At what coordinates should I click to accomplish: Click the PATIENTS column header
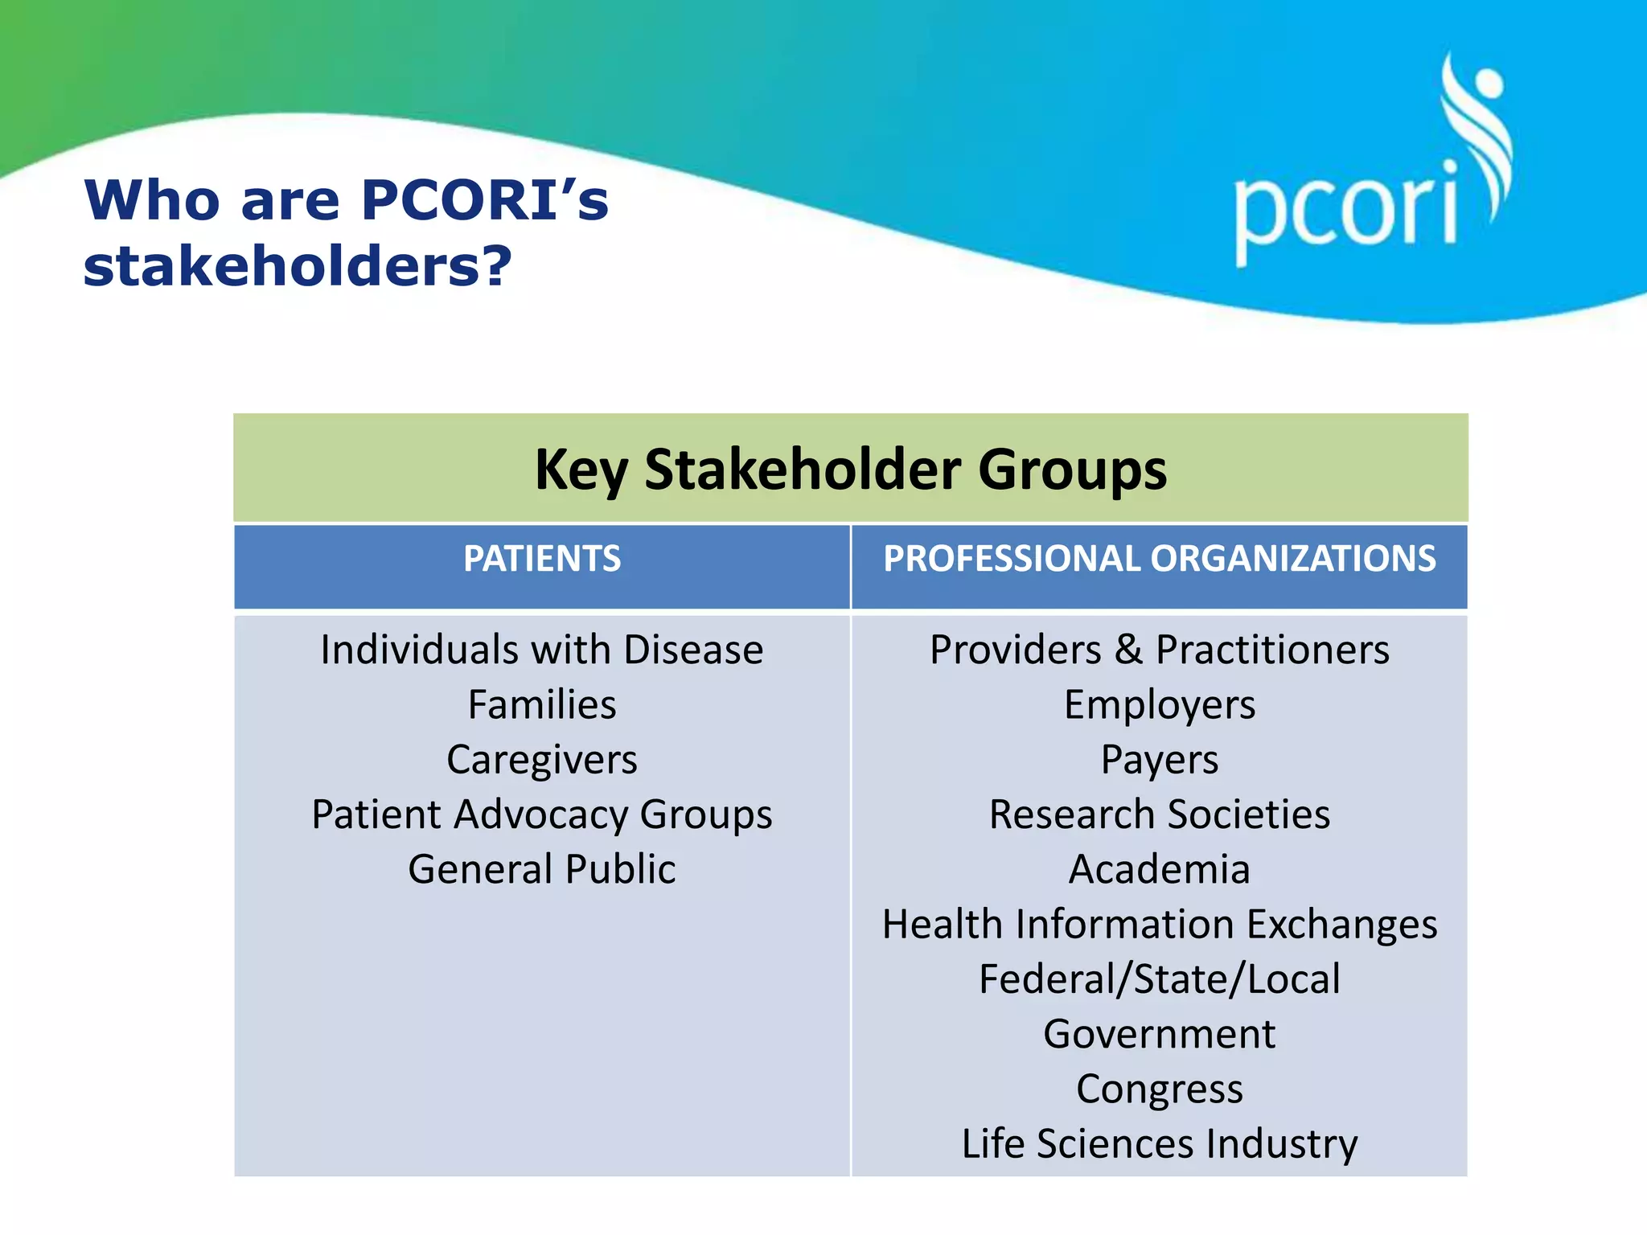542,559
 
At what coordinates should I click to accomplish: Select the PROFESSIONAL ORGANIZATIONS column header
1159,559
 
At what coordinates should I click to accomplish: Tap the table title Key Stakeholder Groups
850,469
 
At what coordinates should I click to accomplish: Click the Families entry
542,705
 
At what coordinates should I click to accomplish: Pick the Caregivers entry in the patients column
542,760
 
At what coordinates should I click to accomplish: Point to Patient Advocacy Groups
542,814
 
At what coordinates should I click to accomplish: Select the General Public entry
542,869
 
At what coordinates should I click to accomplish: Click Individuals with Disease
542,650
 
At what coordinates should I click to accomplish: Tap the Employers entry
1159,705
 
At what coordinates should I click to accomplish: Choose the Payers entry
1159,760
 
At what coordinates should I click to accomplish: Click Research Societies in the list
1159,814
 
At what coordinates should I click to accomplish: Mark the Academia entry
1159,869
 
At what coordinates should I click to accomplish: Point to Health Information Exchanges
1159,924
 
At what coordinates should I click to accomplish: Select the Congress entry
1159,1089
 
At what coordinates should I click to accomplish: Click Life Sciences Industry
1159,1144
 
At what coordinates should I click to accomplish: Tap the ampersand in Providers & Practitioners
1128,650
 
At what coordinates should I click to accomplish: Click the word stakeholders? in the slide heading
298,266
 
